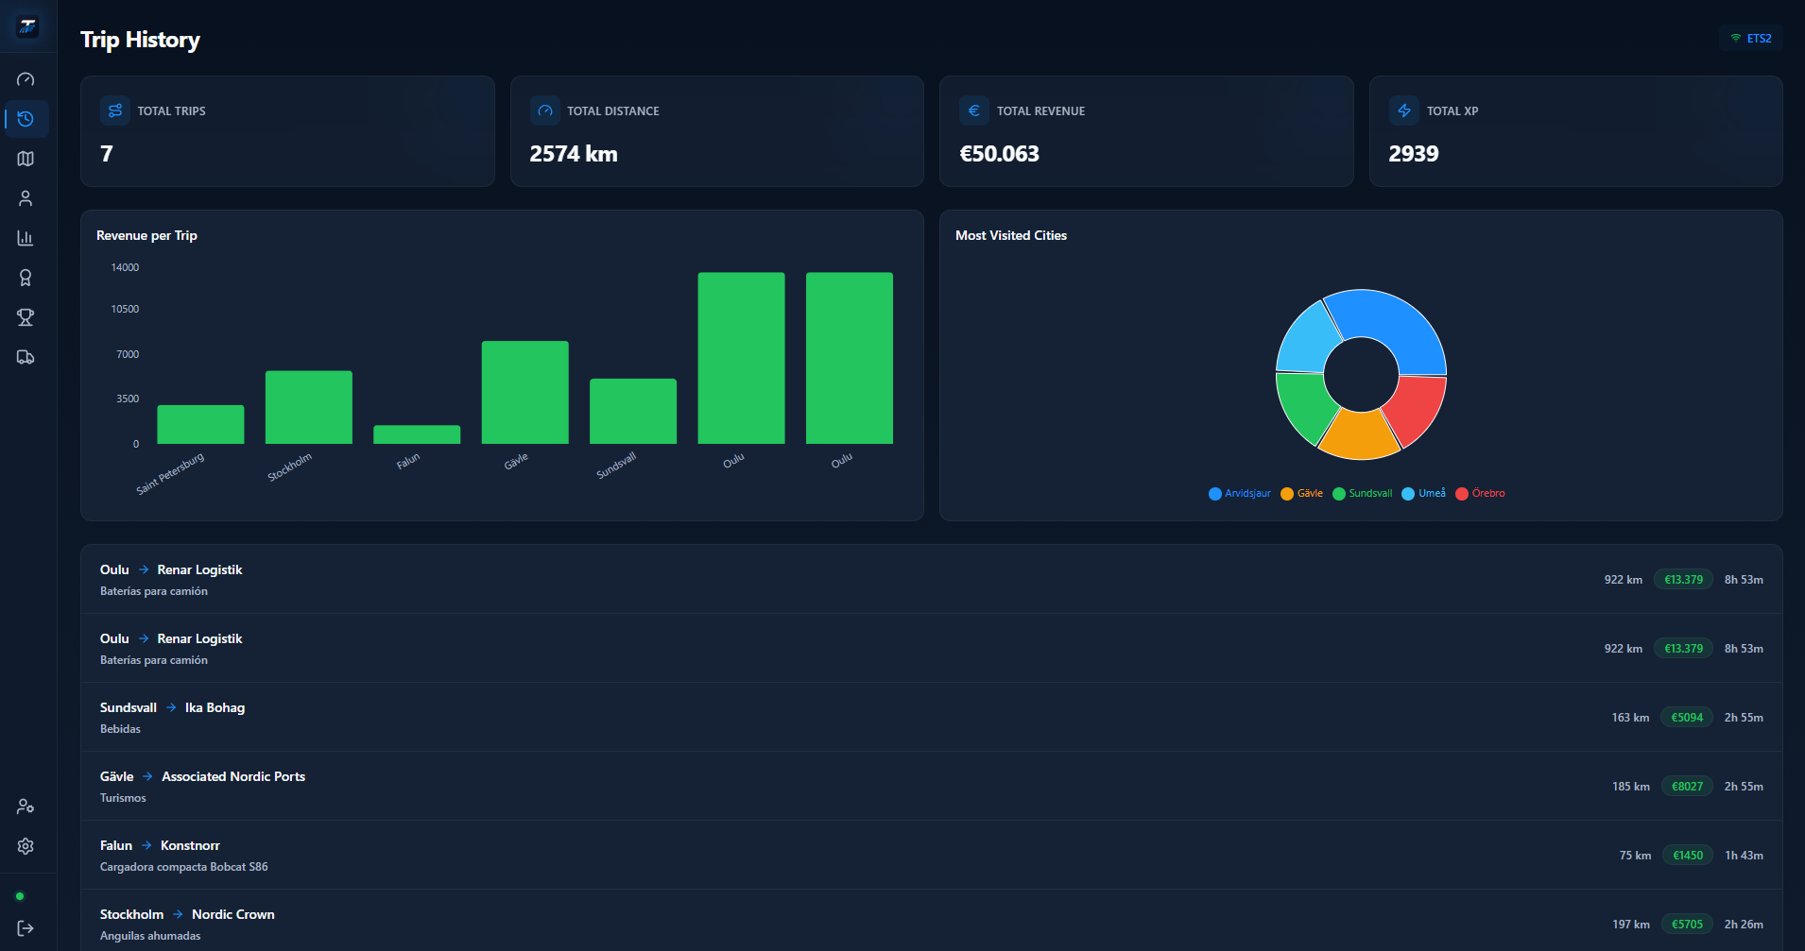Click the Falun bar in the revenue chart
click(417, 434)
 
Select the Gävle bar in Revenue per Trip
click(524, 392)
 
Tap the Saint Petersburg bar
click(200, 424)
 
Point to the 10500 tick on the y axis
click(125, 309)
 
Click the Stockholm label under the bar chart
click(289, 467)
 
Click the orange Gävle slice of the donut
click(1359, 436)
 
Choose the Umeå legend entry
click(1423, 493)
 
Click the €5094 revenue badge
click(1687, 718)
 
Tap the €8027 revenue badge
click(1687, 787)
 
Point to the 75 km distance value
click(1635, 856)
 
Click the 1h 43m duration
click(1744, 856)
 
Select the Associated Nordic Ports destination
click(233, 776)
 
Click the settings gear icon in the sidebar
click(26, 846)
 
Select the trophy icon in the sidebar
click(26, 317)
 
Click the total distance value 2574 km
click(574, 154)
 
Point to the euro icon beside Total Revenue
click(974, 110)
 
